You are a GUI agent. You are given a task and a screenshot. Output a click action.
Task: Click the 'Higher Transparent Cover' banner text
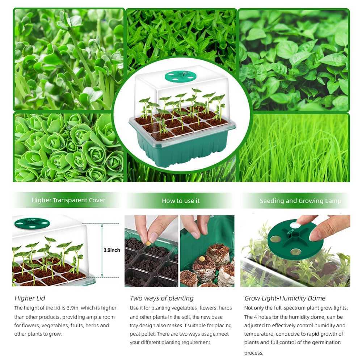click(68, 200)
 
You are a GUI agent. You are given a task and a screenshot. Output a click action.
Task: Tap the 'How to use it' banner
click(181, 201)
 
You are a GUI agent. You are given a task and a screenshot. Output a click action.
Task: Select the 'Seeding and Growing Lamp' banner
click(300, 201)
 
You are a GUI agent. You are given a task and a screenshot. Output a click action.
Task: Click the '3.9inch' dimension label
click(112, 250)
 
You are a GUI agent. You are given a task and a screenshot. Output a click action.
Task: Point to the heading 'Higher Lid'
click(30, 298)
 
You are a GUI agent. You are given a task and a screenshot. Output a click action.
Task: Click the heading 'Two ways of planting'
click(162, 298)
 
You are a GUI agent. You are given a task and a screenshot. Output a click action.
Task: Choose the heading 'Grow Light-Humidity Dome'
click(285, 298)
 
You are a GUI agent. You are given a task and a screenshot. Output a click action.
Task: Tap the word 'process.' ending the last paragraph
click(254, 353)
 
